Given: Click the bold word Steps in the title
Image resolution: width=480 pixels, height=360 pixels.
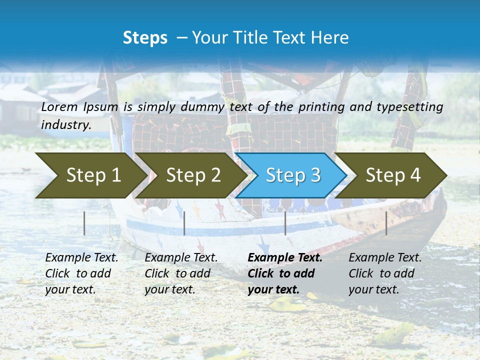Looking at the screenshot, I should click(145, 38).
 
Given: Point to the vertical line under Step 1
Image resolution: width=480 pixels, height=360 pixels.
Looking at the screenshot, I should click(84, 223).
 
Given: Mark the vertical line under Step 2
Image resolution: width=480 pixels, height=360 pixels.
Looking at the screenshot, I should click(184, 223).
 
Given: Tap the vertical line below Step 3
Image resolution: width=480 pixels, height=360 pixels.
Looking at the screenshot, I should click(285, 223).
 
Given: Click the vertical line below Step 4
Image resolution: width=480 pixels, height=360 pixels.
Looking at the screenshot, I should click(386, 223).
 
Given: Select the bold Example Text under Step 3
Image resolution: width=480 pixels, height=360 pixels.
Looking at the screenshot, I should click(284, 273).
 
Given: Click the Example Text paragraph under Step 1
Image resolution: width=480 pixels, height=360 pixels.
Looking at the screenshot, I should click(81, 273).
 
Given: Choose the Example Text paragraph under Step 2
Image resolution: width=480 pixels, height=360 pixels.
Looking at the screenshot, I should click(181, 273).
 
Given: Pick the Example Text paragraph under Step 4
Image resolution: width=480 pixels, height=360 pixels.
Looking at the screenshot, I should click(385, 273).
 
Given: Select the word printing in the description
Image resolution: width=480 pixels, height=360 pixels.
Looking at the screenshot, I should click(323, 106).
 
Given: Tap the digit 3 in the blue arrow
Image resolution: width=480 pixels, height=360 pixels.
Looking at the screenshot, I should click(315, 175).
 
